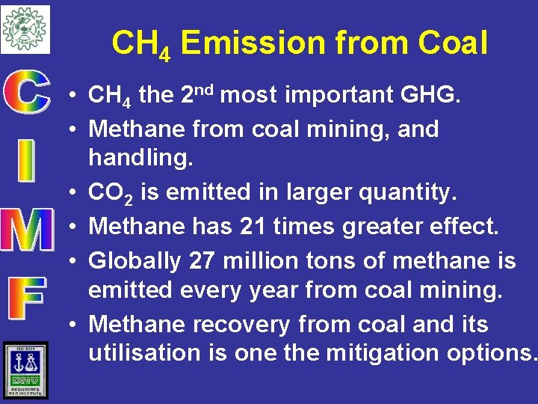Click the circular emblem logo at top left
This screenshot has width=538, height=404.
point(25,29)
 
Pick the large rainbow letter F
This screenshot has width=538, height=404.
point(28,299)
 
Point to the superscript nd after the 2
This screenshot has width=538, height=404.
point(206,91)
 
